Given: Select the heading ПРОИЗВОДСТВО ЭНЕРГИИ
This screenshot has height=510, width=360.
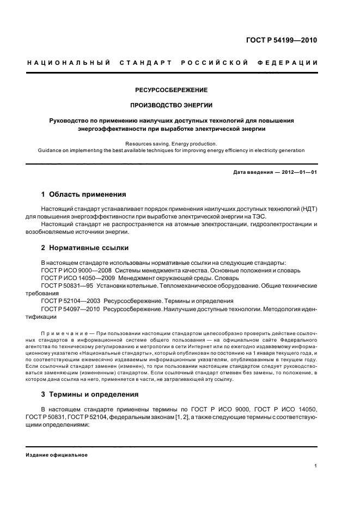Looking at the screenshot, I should point(171,105).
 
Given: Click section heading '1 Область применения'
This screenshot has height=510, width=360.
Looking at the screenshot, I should point(84,194).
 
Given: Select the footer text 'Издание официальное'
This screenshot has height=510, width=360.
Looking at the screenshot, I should point(57,455).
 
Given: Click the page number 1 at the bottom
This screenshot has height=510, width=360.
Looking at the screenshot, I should point(316,466).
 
